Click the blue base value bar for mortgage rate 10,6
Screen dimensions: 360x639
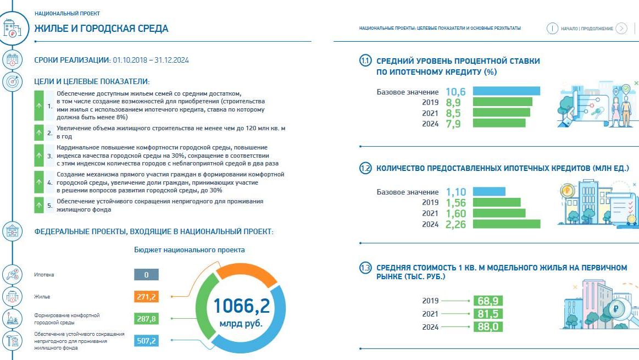point(506,91)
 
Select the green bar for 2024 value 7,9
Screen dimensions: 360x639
point(499,124)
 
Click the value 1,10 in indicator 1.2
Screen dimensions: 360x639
point(456,192)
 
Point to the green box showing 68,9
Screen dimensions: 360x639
point(488,301)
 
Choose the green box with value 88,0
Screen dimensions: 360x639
point(488,326)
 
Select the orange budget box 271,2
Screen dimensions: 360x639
point(146,297)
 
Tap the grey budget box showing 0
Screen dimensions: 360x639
point(146,275)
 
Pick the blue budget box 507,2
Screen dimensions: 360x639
point(146,341)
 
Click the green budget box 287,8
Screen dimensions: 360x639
point(146,319)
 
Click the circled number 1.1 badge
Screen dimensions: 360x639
point(365,61)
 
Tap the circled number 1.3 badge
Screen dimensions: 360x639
point(365,268)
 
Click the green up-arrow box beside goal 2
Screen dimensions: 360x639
point(38,133)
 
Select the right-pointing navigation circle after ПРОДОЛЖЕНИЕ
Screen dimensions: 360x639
point(621,29)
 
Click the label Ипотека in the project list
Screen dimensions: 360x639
point(44,275)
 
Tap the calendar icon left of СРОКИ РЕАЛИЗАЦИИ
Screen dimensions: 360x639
point(12,59)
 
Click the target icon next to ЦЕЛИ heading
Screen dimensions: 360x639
point(12,82)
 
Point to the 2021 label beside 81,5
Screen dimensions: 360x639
point(430,314)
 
